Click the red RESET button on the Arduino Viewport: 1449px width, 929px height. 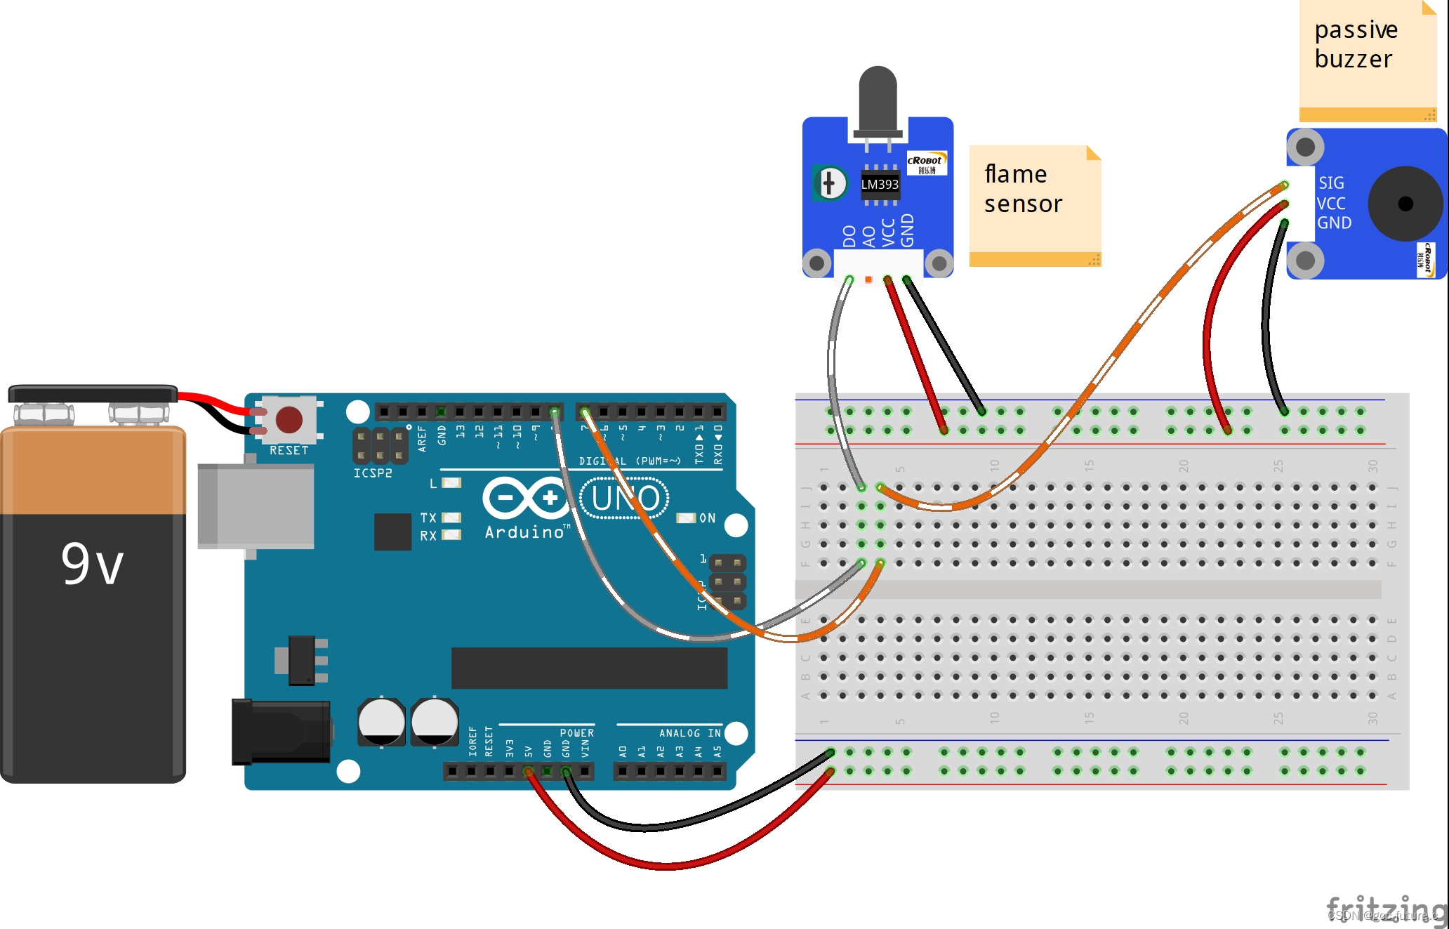[x=289, y=419]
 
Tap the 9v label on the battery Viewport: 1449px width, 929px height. [x=93, y=564]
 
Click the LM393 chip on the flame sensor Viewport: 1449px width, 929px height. [x=880, y=184]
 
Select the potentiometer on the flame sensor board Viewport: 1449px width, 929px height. [x=830, y=183]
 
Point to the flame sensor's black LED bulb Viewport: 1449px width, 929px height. [x=878, y=98]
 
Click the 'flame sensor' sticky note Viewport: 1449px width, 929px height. [x=1034, y=204]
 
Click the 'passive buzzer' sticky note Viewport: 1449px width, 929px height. [x=1365, y=56]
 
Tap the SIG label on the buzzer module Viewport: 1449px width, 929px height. [x=1331, y=183]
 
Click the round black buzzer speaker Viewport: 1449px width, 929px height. [x=1405, y=204]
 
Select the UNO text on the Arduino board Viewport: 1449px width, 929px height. [x=625, y=499]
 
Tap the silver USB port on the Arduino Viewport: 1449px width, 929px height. [x=256, y=506]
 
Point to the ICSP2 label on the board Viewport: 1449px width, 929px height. [x=373, y=473]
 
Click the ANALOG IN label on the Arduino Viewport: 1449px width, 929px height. [x=689, y=733]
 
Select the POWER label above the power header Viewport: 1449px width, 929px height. [x=576, y=733]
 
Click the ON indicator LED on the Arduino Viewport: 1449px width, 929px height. [x=685, y=518]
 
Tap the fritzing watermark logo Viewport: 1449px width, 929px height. [x=1387, y=910]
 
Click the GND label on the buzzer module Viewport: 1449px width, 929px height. [x=1334, y=223]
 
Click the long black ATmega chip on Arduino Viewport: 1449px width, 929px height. [x=589, y=668]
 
